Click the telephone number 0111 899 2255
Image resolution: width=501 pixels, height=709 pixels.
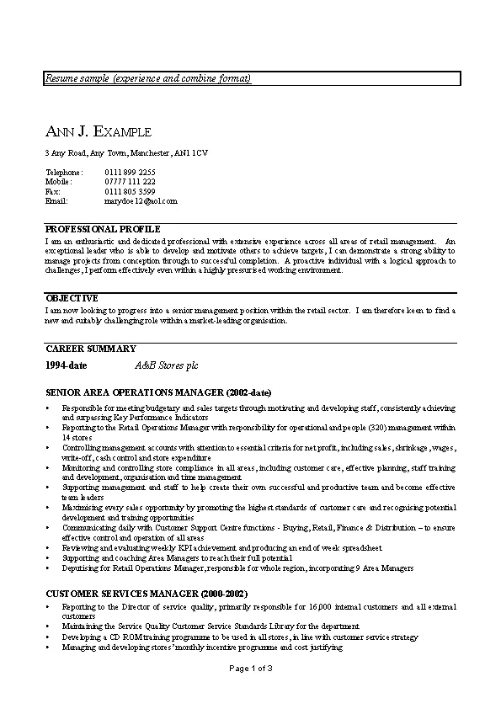click(130, 172)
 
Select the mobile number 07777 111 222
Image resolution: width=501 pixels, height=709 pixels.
click(130, 181)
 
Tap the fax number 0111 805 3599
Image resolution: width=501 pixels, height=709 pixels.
click(130, 191)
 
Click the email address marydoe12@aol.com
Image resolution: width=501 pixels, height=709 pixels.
click(141, 201)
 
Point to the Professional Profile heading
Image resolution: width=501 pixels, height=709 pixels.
click(103, 229)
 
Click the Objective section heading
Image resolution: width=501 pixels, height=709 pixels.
click(72, 298)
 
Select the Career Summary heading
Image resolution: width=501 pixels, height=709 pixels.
click(90, 349)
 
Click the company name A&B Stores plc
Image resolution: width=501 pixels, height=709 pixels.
click(167, 366)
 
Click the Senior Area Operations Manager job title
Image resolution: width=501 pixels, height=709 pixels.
click(158, 392)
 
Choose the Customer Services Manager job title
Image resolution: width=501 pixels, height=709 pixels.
click(135, 594)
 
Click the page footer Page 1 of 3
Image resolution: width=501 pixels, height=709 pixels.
click(250, 668)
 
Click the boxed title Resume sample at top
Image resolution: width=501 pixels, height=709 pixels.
click(148, 78)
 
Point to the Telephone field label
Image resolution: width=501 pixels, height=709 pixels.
click(64, 172)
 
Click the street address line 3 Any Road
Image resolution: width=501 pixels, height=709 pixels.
click(126, 153)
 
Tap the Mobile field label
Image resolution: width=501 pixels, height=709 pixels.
click(59, 181)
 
